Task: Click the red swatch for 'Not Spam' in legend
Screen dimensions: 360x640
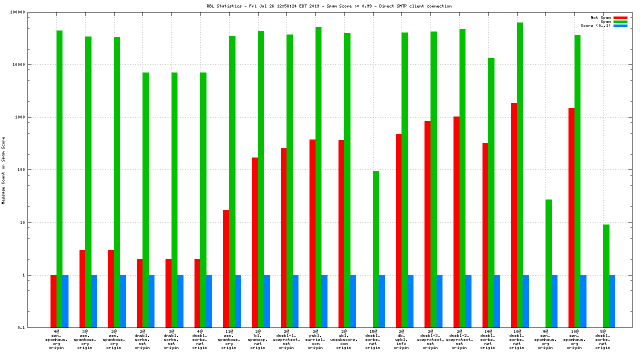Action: point(620,17)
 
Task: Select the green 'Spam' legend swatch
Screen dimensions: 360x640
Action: point(620,21)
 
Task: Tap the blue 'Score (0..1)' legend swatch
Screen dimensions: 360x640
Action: point(620,25)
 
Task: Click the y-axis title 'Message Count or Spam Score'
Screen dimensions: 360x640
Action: point(3,170)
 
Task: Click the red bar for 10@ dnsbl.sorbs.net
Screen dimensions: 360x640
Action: point(514,215)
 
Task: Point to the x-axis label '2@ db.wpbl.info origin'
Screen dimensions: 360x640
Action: point(401,339)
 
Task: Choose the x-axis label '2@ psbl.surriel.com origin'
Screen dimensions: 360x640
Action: point(315,339)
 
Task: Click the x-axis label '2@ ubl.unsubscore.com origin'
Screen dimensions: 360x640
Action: point(344,339)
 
